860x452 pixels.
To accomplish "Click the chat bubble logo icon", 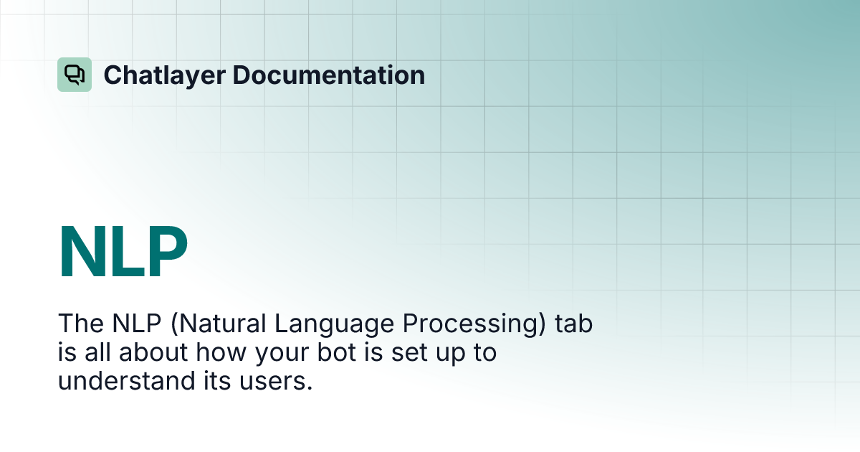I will point(75,75).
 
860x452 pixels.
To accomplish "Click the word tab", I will point(574,324).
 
